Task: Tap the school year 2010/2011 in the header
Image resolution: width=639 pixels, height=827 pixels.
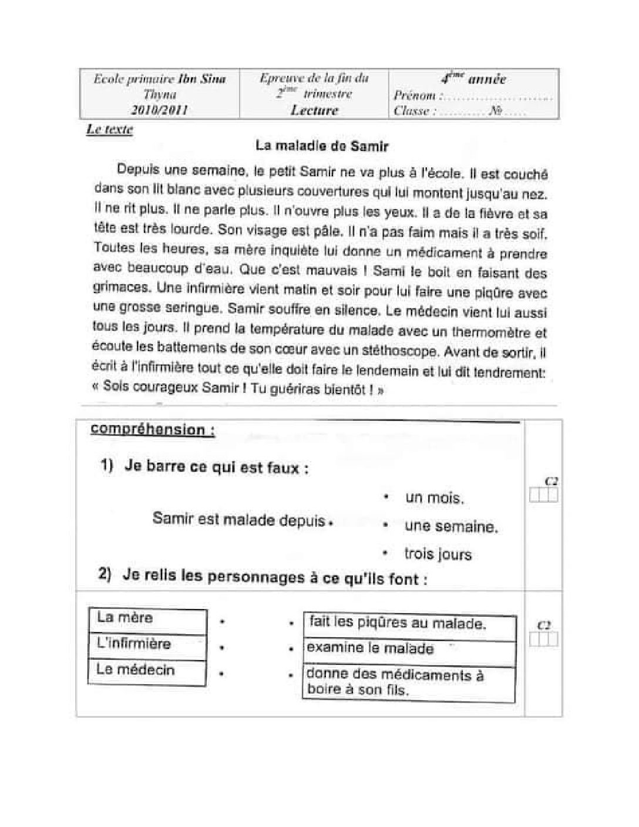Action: [x=160, y=110]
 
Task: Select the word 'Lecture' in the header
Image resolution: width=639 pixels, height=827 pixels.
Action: [x=314, y=110]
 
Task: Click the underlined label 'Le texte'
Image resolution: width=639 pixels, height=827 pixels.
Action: [x=110, y=130]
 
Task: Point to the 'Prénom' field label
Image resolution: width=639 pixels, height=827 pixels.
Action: [x=415, y=96]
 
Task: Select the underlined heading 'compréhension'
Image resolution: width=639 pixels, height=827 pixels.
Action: [x=152, y=429]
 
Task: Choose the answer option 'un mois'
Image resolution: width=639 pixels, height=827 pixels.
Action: [x=434, y=498]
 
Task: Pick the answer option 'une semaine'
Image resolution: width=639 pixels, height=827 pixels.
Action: [x=450, y=526]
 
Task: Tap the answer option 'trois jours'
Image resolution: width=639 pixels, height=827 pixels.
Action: [x=438, y=554]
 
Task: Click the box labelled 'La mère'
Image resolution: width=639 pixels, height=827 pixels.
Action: [x=147, y=618]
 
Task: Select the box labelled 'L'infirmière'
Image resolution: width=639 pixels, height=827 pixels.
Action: [x=147, y=644]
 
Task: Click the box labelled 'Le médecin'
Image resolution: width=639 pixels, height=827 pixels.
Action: [x=147, y=671]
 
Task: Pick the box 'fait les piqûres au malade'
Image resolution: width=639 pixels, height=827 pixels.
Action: [x=409, y=624]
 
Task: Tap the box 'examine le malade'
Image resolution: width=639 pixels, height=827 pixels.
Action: [x=409, y=650]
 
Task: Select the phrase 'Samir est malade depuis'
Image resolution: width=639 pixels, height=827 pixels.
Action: [x=238, y=519]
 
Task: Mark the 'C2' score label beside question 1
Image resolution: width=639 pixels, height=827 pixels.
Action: [x=551, y=481]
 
